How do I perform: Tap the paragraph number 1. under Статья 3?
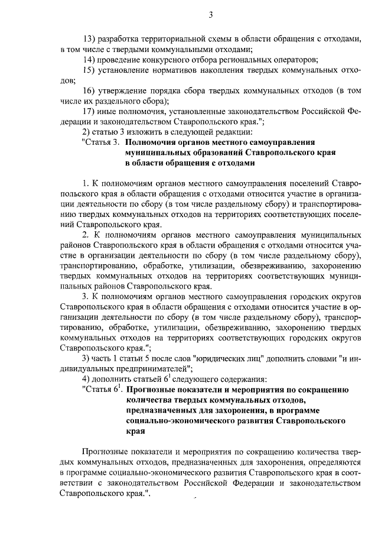[x=86, y=183]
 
